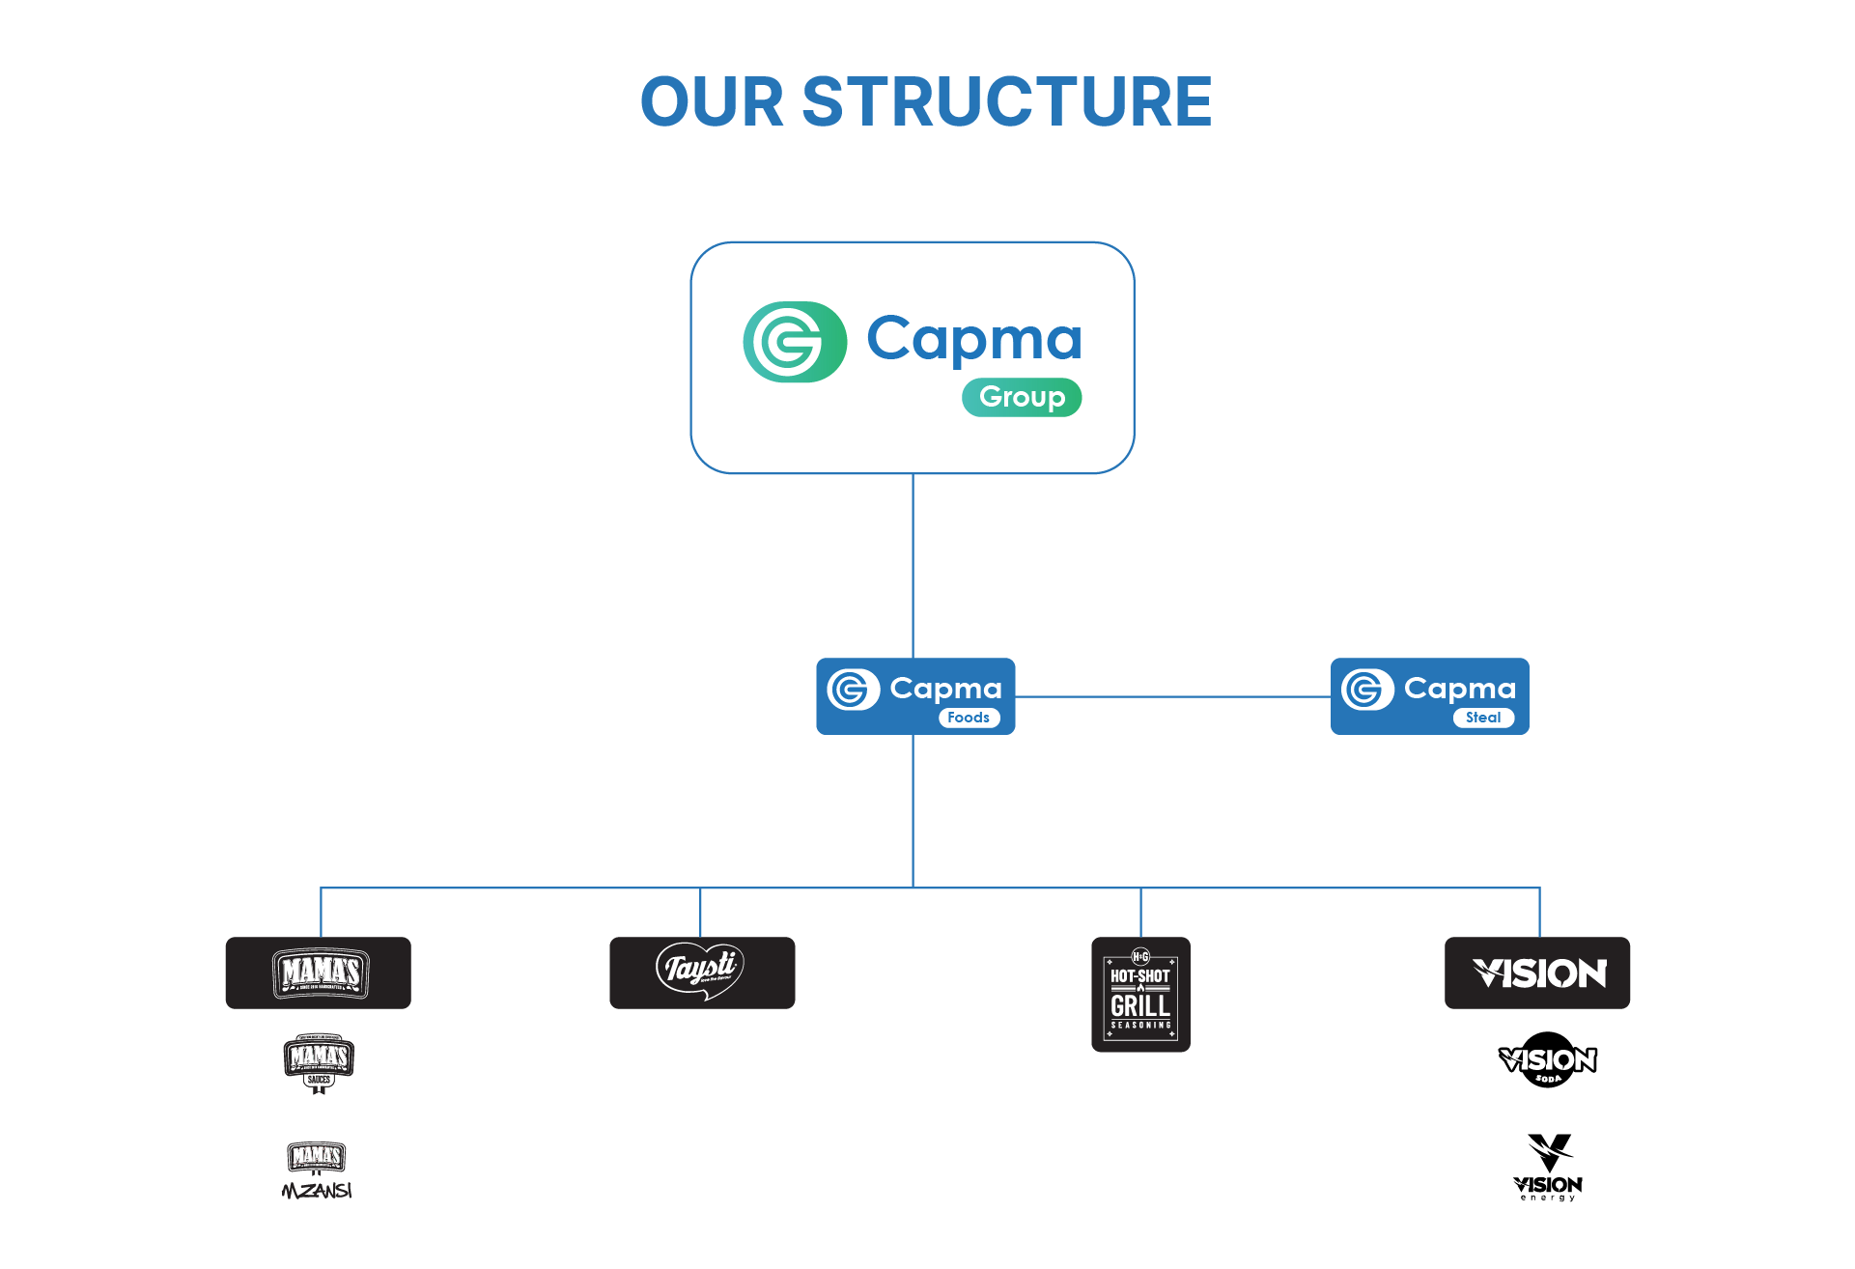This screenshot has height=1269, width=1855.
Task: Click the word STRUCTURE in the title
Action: click(1006, 101)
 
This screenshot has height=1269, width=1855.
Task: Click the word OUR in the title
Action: click(712, 101)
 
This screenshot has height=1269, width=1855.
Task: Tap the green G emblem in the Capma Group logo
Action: click(794, 342)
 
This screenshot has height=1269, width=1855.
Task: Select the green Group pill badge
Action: click(1022, 397)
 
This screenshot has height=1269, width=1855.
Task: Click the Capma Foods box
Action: click(915, 696)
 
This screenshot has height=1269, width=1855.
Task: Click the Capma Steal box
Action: click(1429, 696)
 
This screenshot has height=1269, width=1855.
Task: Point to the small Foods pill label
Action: click(969, 718)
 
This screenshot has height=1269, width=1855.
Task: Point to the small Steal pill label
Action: click(1483, 718)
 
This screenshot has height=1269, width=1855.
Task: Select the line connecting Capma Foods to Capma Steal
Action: click(1172, 696)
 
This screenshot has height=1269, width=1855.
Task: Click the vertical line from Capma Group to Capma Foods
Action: click(913, 565)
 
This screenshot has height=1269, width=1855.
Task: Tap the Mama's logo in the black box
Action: click(319, 973)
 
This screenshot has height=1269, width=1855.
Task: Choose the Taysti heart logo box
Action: click(702, 973)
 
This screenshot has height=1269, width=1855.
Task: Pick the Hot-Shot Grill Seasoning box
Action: click(1140, 994)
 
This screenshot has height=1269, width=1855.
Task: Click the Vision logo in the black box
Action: click(1537, 973)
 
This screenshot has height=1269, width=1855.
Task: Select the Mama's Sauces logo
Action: click(319, 1062)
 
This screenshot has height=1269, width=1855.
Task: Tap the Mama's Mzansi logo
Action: click(317, 1170)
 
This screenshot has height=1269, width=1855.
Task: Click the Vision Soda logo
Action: click(1548, 1060)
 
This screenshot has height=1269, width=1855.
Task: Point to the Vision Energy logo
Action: click(1548, 1168)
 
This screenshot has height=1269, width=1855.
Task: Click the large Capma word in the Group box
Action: click(973, 340)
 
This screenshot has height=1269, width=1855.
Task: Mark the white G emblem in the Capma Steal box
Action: click(1366, 690)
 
